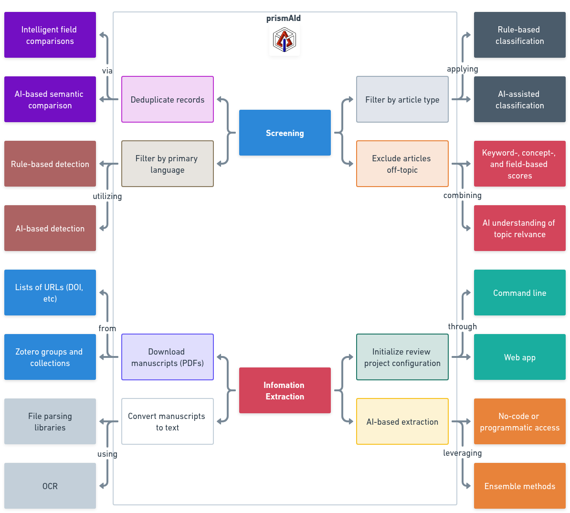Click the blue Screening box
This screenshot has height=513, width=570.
coord(285,133)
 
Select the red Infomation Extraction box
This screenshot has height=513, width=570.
coord(285,390)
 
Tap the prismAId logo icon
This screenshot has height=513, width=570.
coord(285,40)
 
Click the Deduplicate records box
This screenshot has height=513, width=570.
coord(168,99)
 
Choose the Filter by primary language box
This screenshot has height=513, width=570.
coord(168,164)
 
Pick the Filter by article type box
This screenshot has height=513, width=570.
coord(402,99)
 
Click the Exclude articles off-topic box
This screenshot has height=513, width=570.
coord(402,164)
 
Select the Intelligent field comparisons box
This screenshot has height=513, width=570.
coord(50,35)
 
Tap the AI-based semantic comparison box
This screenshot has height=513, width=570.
coord(50,99)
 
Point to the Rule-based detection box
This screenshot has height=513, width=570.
coord(50,164)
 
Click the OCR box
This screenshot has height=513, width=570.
coord(50,486)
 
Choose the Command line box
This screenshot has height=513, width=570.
coord(519,293)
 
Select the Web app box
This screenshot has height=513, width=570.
coord(519,357)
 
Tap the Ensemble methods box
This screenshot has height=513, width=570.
coord(519,486)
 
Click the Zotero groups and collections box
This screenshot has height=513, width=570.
coord(50,357)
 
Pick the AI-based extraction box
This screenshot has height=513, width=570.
coord(402,421)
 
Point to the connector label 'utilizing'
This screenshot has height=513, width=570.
coord(107,196)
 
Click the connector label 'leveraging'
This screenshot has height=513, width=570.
coord(462,453)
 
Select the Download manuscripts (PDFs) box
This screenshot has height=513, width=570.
coord(168,357)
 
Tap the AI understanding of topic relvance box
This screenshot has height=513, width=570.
coord(519,228)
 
